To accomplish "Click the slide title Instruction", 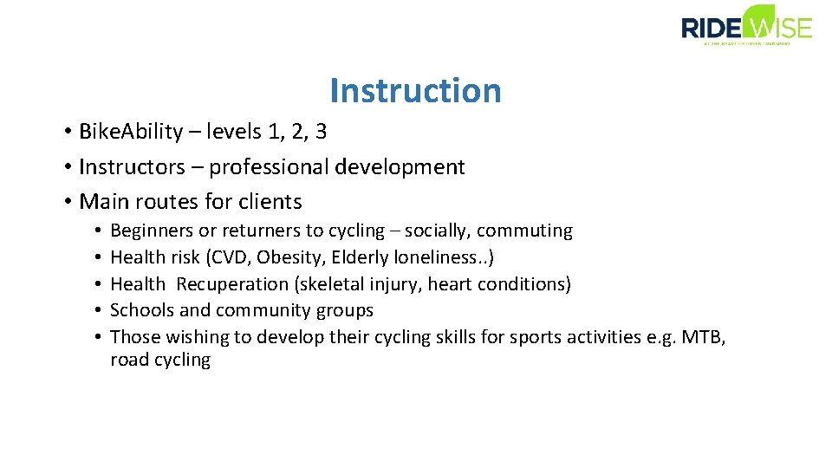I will [415, 90].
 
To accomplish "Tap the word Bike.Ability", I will [131, 132].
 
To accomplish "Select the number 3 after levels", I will [321, 132].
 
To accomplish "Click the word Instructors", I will [132, 166].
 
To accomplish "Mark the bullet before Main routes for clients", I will [67, 202].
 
